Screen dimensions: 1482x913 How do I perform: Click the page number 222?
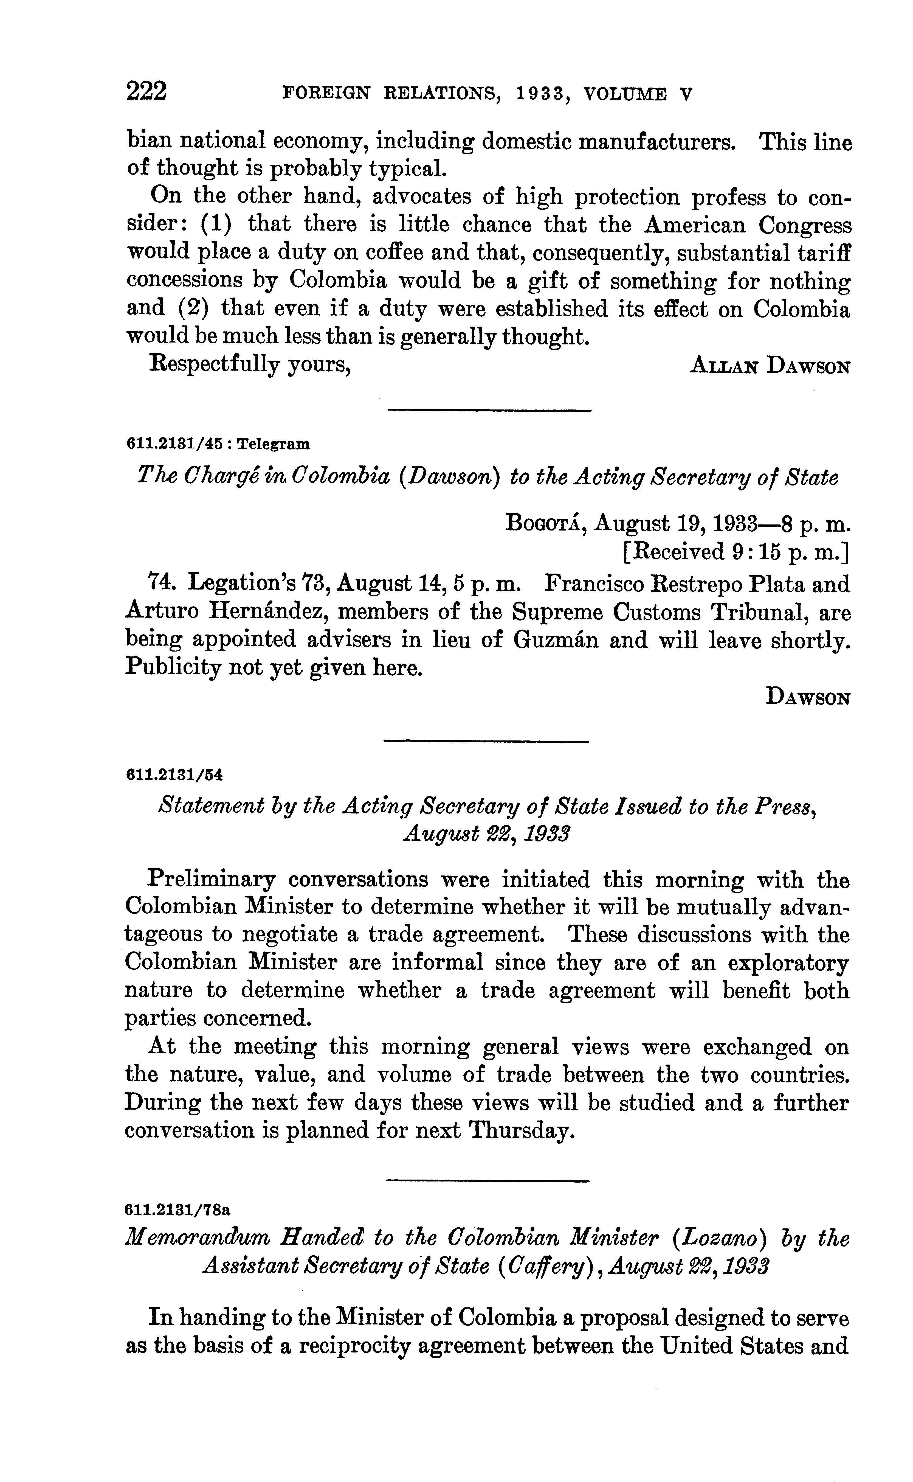tap(146, 92)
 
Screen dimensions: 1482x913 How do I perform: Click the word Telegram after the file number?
tap(274, 445)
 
